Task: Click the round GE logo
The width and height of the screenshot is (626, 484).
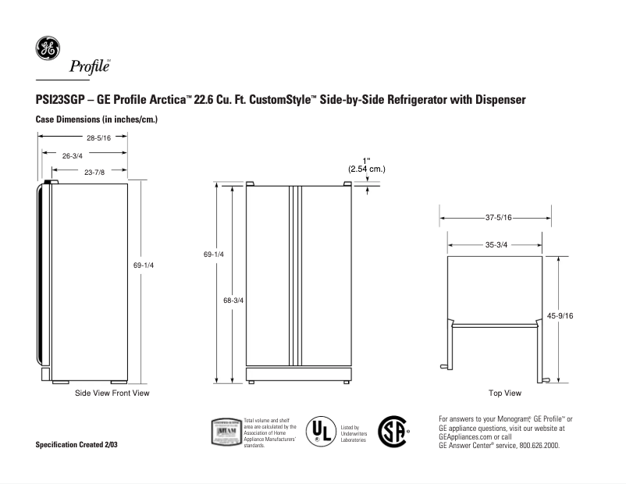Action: pyautogui.click(x=47, y=48)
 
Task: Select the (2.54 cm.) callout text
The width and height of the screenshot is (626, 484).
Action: pyautogui.click(x=366, y=169)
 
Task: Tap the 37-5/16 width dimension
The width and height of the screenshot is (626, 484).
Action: pyautogui.click(x=496, y=219)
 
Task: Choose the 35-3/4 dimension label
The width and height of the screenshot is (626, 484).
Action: pyautogui.click(x=496, y=244)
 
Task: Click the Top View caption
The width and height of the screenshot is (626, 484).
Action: pyautogui.click(x=504, y=393)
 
